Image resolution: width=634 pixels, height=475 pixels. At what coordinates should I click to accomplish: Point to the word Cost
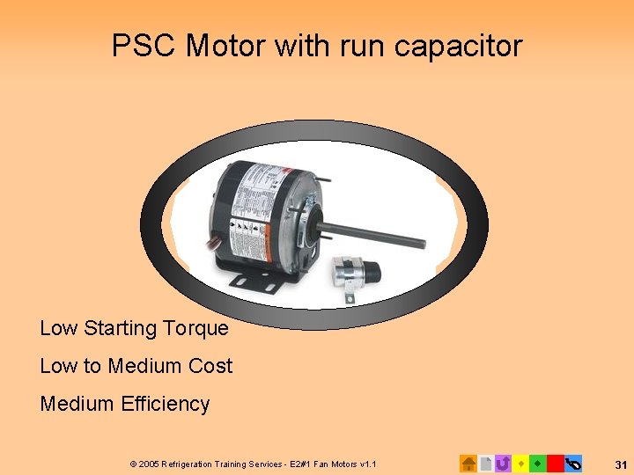pos(209,366)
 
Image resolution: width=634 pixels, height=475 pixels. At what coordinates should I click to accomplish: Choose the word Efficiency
pos(166,404)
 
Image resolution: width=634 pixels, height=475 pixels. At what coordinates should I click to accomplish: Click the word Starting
pos(120,328)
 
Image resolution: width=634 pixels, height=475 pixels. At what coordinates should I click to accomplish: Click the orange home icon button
pos(468,463)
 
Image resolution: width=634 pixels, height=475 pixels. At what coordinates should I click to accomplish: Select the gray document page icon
pos(486,463)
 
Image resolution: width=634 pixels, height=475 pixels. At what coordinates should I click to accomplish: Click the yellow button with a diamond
pos(520,463)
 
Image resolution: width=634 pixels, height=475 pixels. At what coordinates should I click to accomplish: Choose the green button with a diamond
pos(537,463)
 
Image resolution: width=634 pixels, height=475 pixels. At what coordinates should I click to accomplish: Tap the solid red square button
pos(555,463)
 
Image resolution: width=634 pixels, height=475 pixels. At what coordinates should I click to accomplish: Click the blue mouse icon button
pos(572,463)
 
